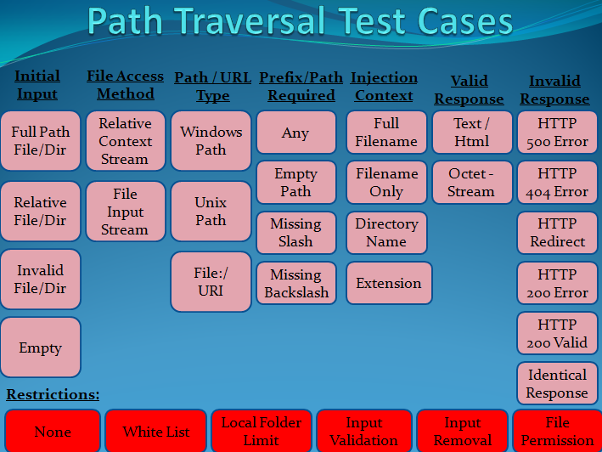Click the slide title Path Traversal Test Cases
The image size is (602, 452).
pyautogui.click(x=301, y=23)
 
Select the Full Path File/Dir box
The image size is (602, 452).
pyautogui.click(x=41, y=141)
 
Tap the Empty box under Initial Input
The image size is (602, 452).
pyautogui.click(x=41, y=347)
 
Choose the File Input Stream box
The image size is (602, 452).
pyautogui.click(x=126, y=212)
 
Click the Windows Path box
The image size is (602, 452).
pyautogui.click(x=211, y=141)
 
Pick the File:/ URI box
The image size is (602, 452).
pyautogui.click(x=211, y=281)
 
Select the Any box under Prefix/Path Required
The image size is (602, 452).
pyautogui.click(x=295, y=133)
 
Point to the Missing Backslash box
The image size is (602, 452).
pyautogui.click(x=295, y=284)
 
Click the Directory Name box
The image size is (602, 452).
pyautogui.click(x=387, y=233)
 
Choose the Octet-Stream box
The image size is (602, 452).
pyautogui.click(x=471, y=182)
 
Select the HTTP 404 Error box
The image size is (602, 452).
pyautogui.click(x=557, y=183)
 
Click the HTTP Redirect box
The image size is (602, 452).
pyautogui.click(x=557, y=233)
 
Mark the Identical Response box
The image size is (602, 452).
pyautogui.click(x=557, y=384)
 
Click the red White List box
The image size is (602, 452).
pyautogui.click(x=156, y=432)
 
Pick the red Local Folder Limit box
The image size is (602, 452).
pyautogui.click(x=262, y=432)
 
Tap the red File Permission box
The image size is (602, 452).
pyautogui.click(x=558, y=432)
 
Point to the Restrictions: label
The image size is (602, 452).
pyautogui.click(x=53, y=394)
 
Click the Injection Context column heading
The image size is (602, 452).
pyautogui.click(x=385, y=86)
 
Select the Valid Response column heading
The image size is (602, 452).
pyautogui.click(x=470, y=89)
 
